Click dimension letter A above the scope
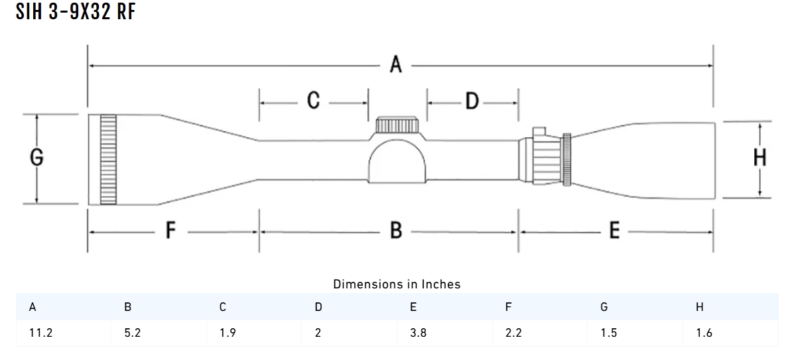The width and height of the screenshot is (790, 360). [x=396, y=65]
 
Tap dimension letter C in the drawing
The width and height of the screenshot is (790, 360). [x=314, y=101]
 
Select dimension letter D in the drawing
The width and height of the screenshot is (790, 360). [x=471, y=101]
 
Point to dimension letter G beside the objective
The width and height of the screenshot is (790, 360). [x=37, y=157]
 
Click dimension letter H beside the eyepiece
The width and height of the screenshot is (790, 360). [x=760, y=158]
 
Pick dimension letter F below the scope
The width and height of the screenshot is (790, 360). [x=170, y=231]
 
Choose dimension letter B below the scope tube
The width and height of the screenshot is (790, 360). [x=396, y=231]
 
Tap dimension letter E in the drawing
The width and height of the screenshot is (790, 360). [x=614, y=231]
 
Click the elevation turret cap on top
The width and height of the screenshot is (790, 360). [x=397, y=125]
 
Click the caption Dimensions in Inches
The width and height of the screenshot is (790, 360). [x=397, y=284]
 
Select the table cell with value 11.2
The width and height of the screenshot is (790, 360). [x=40, y=333]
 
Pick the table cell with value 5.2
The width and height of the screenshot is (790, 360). [x=133, y=333]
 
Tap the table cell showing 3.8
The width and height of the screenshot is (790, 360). [x=419, y=333]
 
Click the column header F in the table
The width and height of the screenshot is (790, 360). [x=508, y=307]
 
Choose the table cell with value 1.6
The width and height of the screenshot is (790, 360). [x=704, y=333]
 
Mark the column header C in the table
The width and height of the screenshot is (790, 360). [x=223, y=307]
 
